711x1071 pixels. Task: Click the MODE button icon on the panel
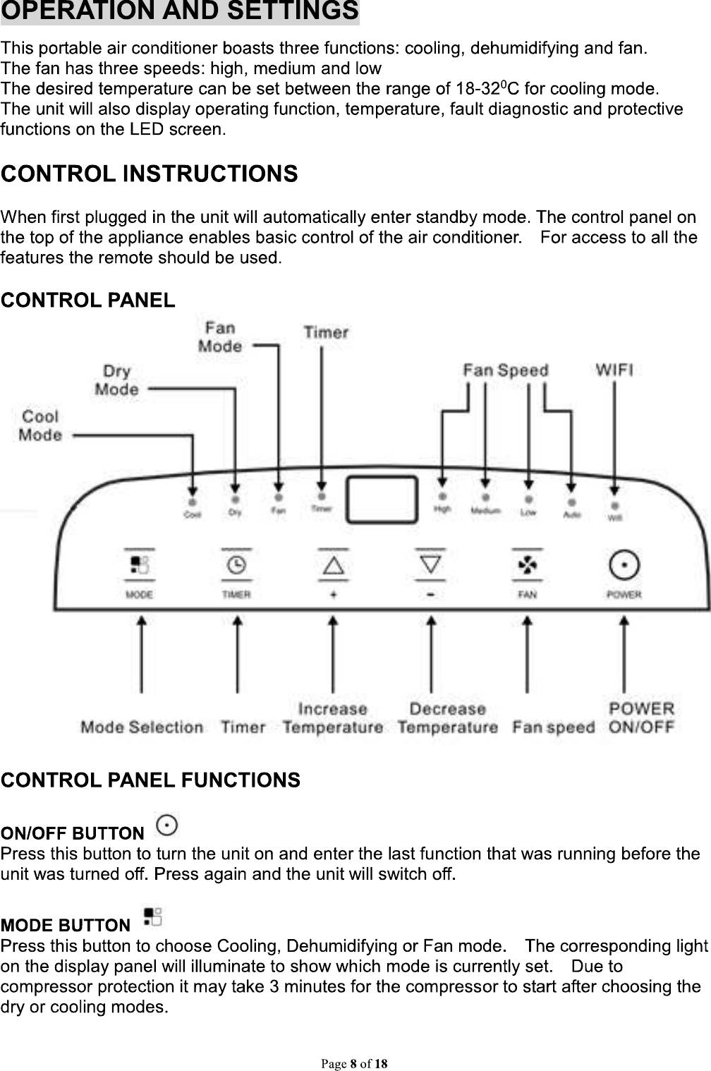point(140,565)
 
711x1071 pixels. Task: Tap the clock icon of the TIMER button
point(236,565)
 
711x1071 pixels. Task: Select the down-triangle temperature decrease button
point(431,564)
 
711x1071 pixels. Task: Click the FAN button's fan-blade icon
point(527,565)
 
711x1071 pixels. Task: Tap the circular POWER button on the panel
point(624,565)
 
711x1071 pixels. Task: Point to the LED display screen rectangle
point(381,499)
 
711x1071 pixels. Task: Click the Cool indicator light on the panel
point(192,502)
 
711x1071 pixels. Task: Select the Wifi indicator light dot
point(615,506)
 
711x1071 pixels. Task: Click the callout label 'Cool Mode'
point(40,425)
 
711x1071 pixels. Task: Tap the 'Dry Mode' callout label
point(116,380)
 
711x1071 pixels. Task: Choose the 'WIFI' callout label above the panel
point(614,369)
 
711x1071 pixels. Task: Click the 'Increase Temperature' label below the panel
point(333,718)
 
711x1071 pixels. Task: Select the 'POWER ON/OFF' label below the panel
point(641,718)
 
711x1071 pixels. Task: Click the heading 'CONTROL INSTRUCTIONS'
point(150,174)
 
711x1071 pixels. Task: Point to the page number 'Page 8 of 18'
point(355,1063)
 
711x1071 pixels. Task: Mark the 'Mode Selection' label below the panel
point(142,727)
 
